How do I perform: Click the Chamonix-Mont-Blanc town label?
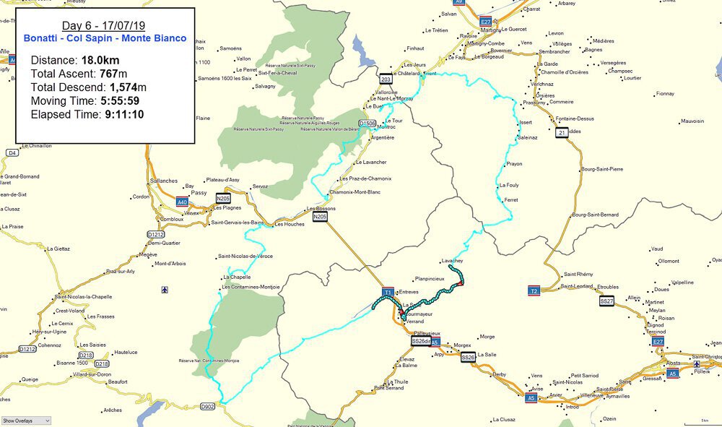click(x=355, y=191)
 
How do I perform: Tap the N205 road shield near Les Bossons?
click(x=321, y=216)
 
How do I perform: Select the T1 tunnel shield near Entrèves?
click(x=388, y=293)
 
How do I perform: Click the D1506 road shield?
click(x=367, y=124)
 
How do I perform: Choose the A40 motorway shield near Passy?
click(x=183, y=202)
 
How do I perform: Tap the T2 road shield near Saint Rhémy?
click(x=534, y=290)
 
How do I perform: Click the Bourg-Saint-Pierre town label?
click(x=601, y=169)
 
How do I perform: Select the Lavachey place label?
click(x=452, y=260)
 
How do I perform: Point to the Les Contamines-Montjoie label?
click(x=251, y=287)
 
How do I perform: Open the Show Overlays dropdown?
click(x=26, y=420)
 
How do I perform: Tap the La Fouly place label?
click(x=509, y=185)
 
